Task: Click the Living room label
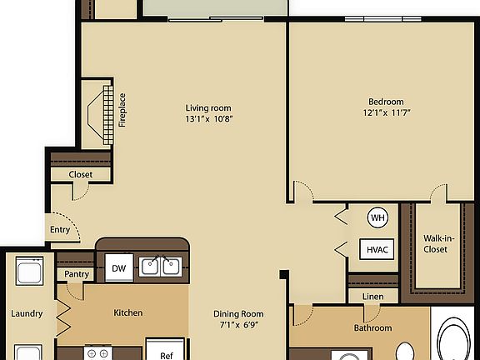coord(208,107)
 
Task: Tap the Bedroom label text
coord(387,100)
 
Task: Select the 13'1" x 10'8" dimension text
coord(208,118)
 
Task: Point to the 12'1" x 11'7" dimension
coord(387,112)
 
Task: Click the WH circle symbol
coord(378,218)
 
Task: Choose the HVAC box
coord(377,248)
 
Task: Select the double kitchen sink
coord(161,267)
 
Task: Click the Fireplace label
coord(122,109)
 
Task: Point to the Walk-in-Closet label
coord(436,242)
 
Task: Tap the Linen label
coord(372,296)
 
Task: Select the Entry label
coord(60,229)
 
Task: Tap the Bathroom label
coord(372,327)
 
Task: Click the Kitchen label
coord(128,313)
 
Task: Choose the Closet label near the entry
coord(81,174)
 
